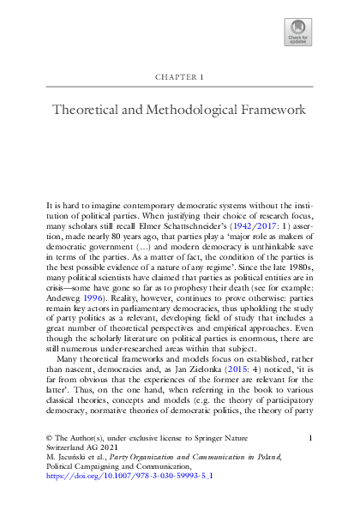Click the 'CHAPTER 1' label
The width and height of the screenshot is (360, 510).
tap(179, 76)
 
